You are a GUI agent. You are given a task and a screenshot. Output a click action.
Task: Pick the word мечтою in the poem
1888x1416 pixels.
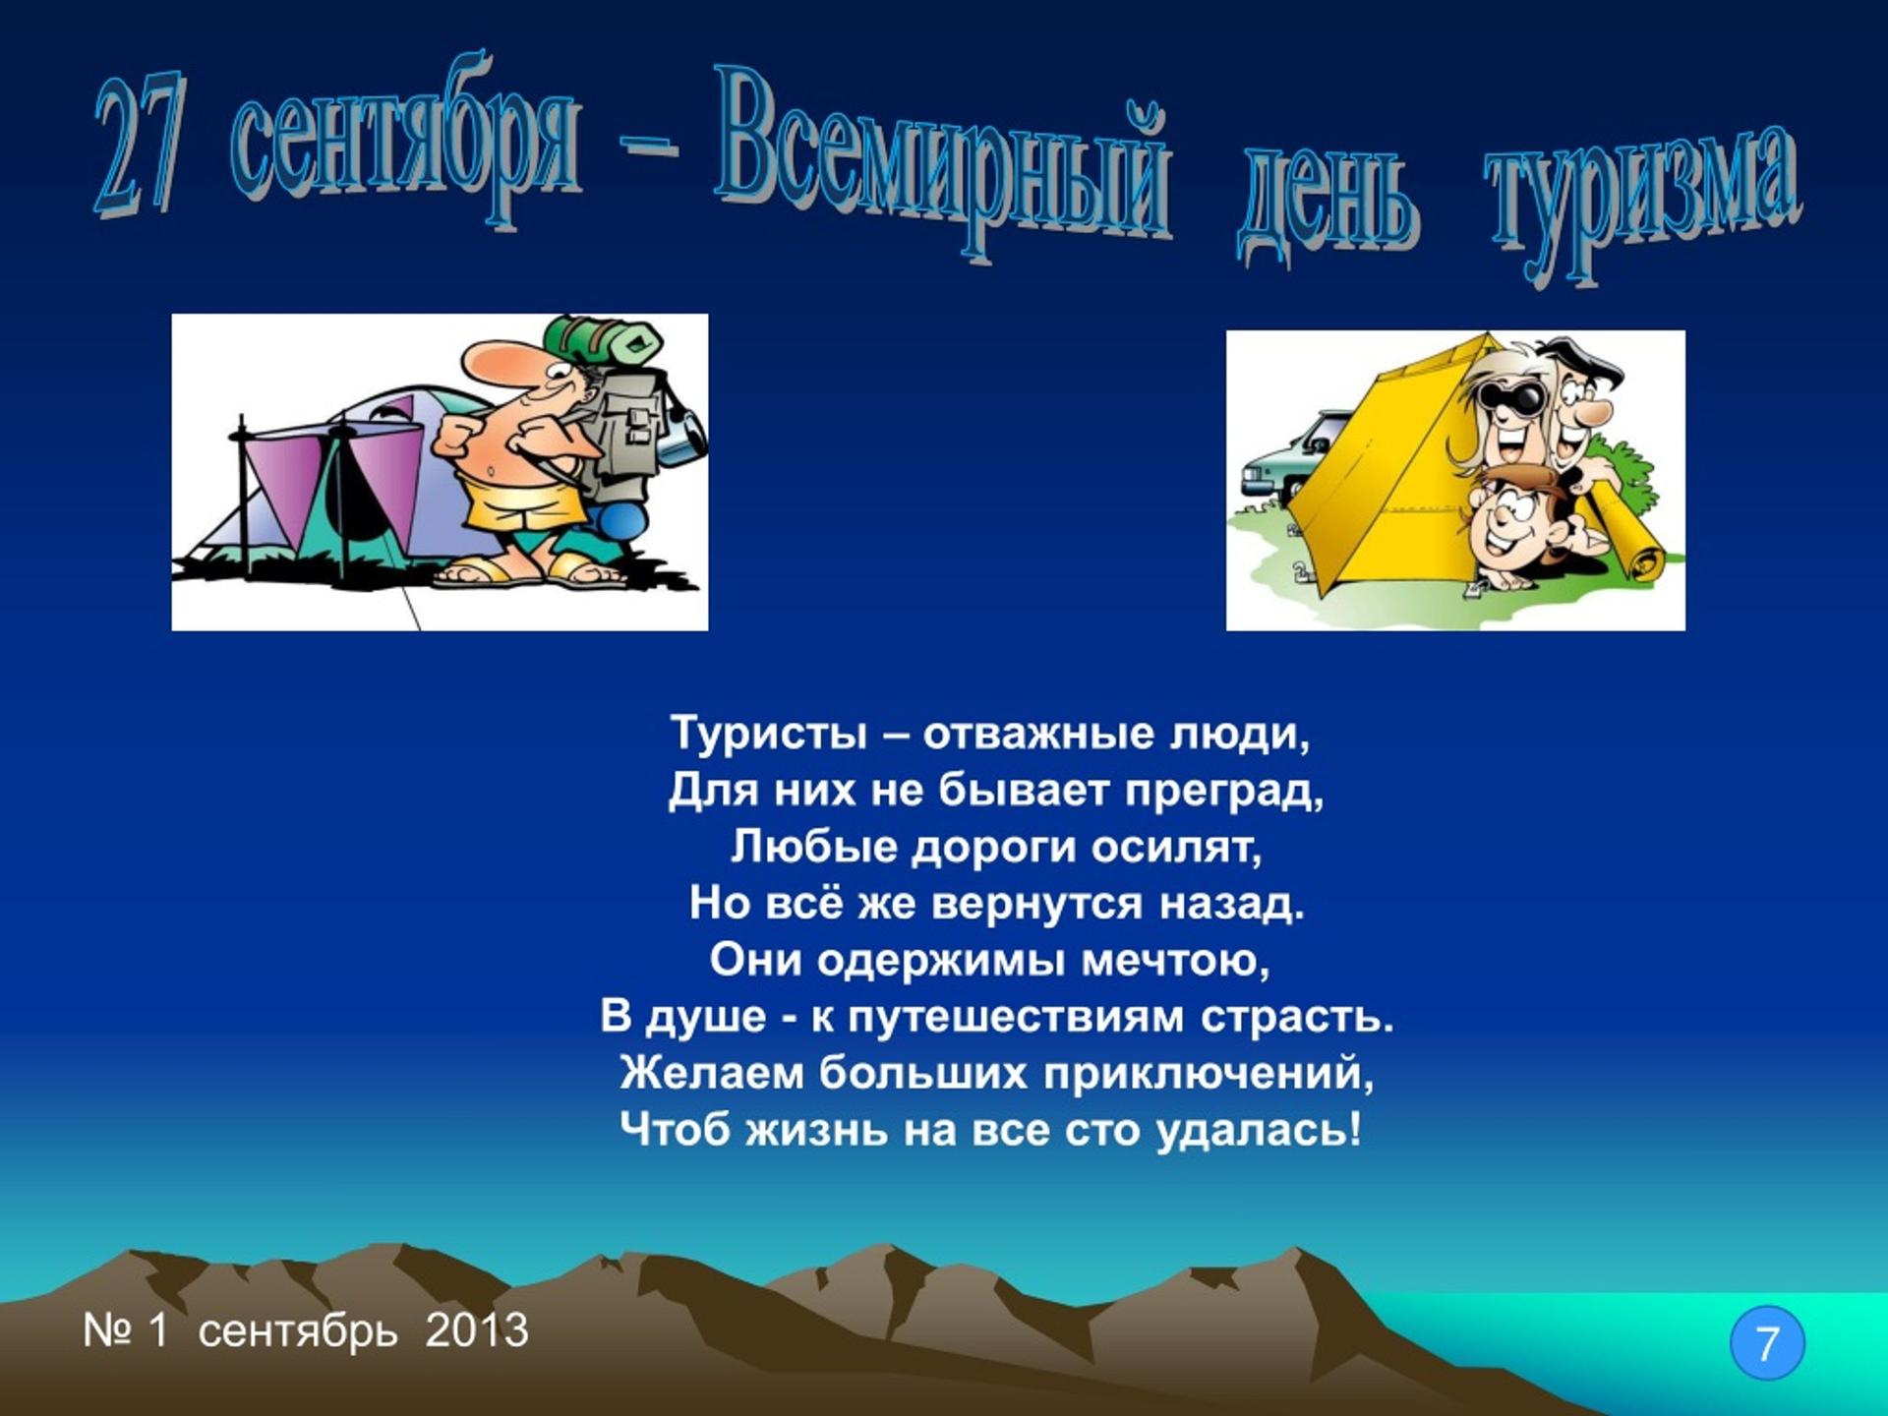click(x=1175, y=961)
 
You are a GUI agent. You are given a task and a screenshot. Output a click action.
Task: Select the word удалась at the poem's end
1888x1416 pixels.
click(x=1260, y=1130)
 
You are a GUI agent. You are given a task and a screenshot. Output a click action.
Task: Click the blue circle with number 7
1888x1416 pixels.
click(x=1767, y=1343)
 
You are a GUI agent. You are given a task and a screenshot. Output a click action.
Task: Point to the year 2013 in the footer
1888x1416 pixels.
click(x=477, y=1330)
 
